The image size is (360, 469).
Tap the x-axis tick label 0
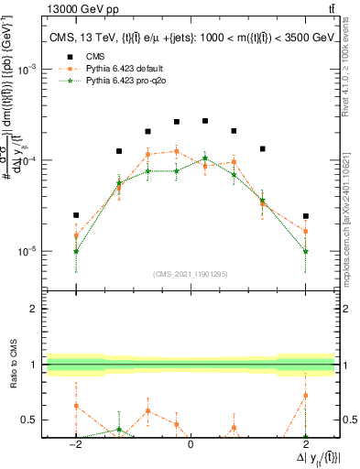191,446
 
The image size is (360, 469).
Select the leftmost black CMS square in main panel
76,215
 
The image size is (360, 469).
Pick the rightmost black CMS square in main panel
305,216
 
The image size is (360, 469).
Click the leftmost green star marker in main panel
76,251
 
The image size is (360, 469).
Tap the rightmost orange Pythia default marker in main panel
305,231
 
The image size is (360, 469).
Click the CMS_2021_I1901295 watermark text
191,274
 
